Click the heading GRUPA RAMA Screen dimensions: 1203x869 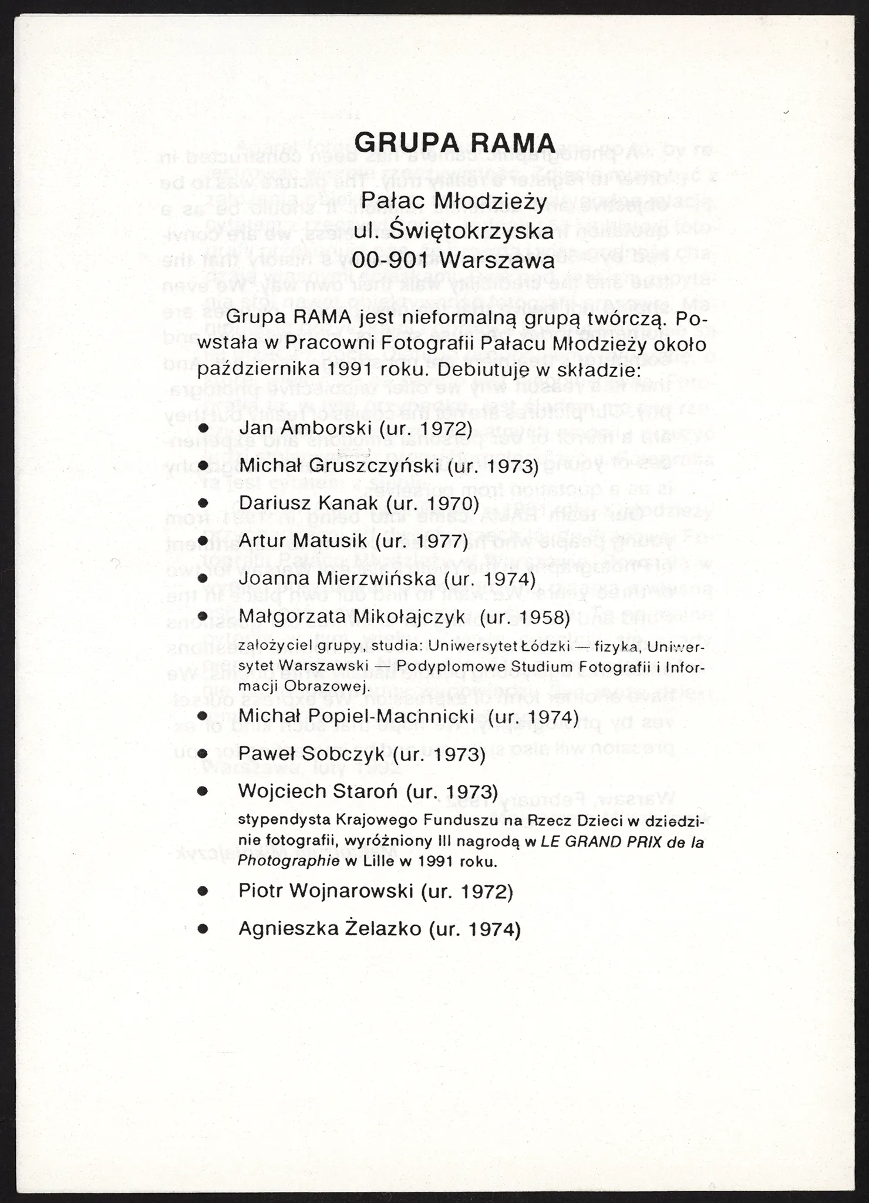coord(454,143)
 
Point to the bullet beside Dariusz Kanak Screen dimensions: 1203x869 coord(203,503)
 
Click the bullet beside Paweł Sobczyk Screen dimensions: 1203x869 coord(203,755)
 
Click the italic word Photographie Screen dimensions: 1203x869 coord(289,861)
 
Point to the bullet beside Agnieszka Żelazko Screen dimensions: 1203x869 coord(203,929)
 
